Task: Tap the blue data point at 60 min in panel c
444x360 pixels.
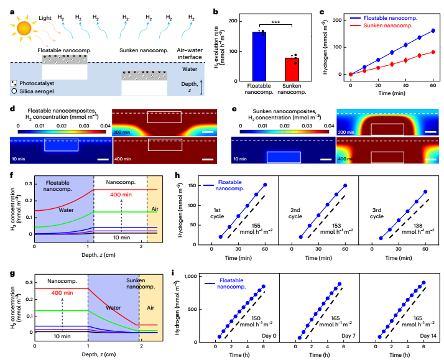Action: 432,30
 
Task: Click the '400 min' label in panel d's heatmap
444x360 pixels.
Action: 123,160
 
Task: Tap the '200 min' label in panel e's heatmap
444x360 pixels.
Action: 346,133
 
